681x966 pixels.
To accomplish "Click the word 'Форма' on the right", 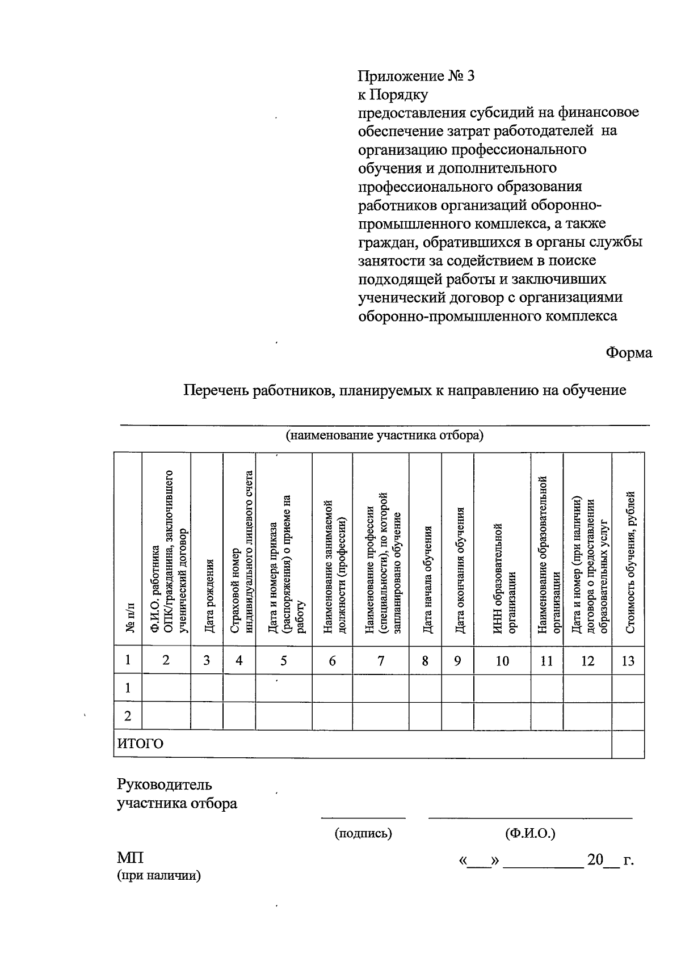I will [629, 352].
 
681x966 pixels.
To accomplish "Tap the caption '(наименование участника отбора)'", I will [384, 436].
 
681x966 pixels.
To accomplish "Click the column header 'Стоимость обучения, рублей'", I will [629, 562].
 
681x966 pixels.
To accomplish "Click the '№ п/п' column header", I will [129, 618].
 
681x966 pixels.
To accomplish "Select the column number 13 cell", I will [628, 660].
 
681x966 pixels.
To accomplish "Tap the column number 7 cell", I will [381, 660].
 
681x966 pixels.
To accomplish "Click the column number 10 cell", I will [502, 660].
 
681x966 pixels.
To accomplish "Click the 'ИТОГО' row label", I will [140, 744].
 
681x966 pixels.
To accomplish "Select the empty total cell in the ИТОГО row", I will [628, 744].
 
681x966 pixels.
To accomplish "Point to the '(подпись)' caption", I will [363, 833].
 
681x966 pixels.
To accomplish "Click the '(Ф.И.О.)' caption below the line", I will [530, 833].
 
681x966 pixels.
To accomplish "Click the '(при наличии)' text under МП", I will [159, 875].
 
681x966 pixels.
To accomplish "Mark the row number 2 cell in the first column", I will [128, 716].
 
